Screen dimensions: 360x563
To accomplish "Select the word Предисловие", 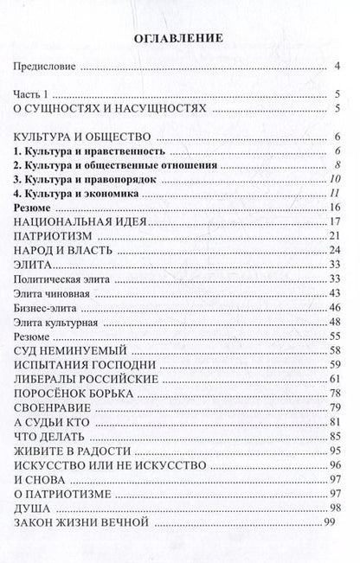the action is click(46, 65).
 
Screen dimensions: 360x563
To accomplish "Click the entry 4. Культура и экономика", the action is click(70, 194).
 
